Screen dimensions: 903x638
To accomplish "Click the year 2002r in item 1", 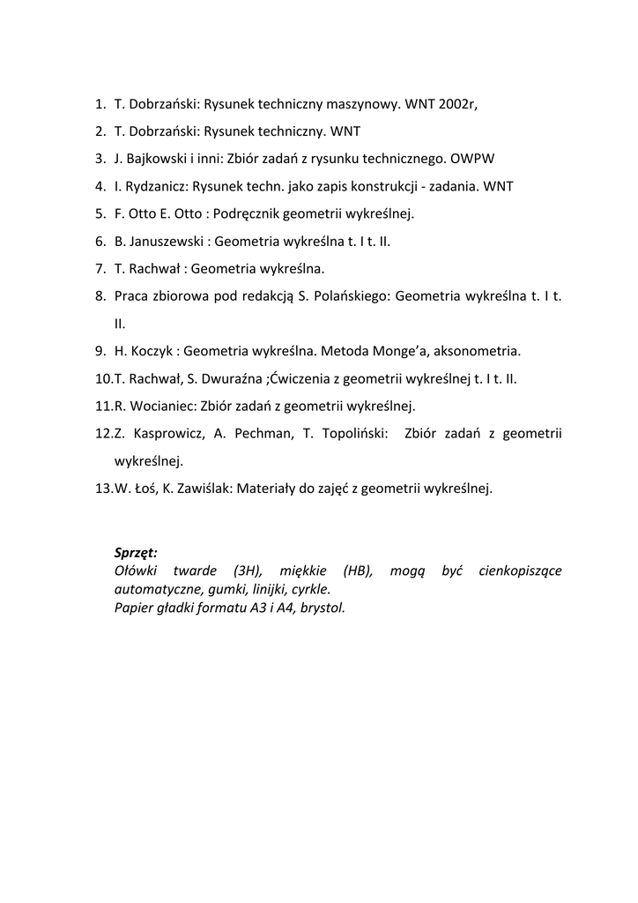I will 458,103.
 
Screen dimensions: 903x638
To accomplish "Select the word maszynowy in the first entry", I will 363,103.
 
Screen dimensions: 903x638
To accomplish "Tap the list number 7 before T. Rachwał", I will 100,268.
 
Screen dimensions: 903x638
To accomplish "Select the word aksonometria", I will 480,351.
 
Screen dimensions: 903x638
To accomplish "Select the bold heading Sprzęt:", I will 136,553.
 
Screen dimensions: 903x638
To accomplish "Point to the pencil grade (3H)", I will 249,571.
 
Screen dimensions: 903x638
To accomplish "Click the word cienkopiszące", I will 520,571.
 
